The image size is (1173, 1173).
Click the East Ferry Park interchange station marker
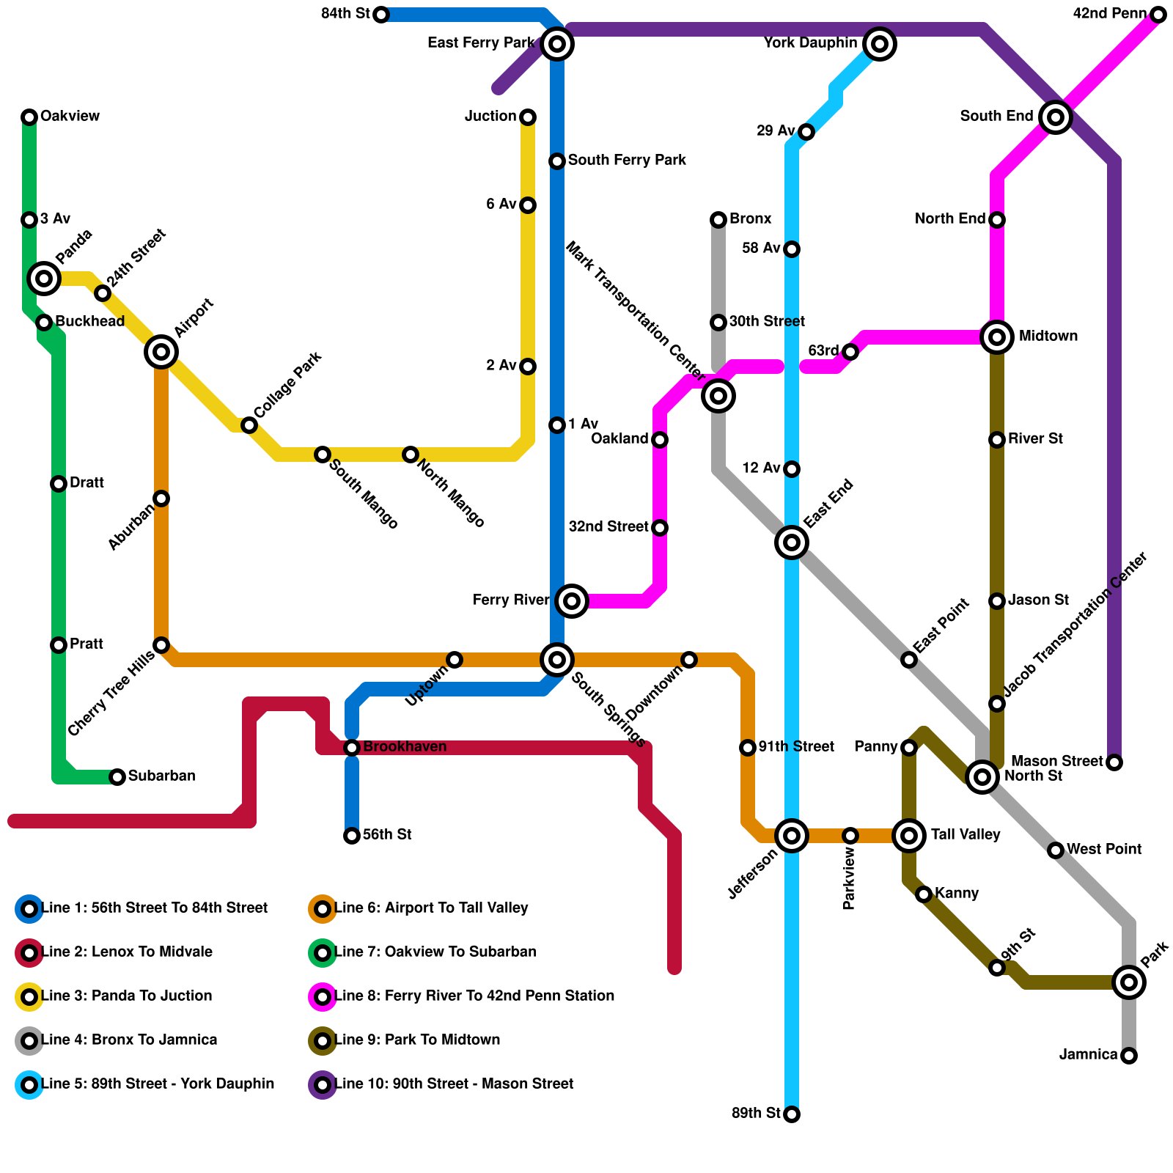tap(557, 44)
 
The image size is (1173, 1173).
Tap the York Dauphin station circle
tap(880, 44)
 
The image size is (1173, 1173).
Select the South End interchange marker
tap(1056, 117)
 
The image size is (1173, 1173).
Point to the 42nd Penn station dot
tap(1158, 15)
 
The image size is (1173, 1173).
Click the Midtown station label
tap(1048, 337)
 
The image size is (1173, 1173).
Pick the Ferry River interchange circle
tap(572, 601)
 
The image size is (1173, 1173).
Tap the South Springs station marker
tap(557, 660)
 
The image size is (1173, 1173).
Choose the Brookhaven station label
tap(405, 747)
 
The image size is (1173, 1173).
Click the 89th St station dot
tap(792, 1114)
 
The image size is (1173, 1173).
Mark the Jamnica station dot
tap(1129, 1056)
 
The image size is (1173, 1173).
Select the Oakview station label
tap(70, 117)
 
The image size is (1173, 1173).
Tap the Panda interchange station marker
tap(44, 279)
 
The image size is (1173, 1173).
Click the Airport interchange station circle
tap(161, 352)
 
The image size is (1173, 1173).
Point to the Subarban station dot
tap(117, 777)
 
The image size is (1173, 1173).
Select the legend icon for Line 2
tap(29, 953)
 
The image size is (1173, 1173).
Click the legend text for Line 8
tap(474, 996)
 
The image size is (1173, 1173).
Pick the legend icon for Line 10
tap(323, 1085)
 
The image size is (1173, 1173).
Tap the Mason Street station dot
tap(1114, 762)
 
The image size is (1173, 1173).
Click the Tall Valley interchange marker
tap(909, 835)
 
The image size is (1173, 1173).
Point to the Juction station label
tap(490, 117)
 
